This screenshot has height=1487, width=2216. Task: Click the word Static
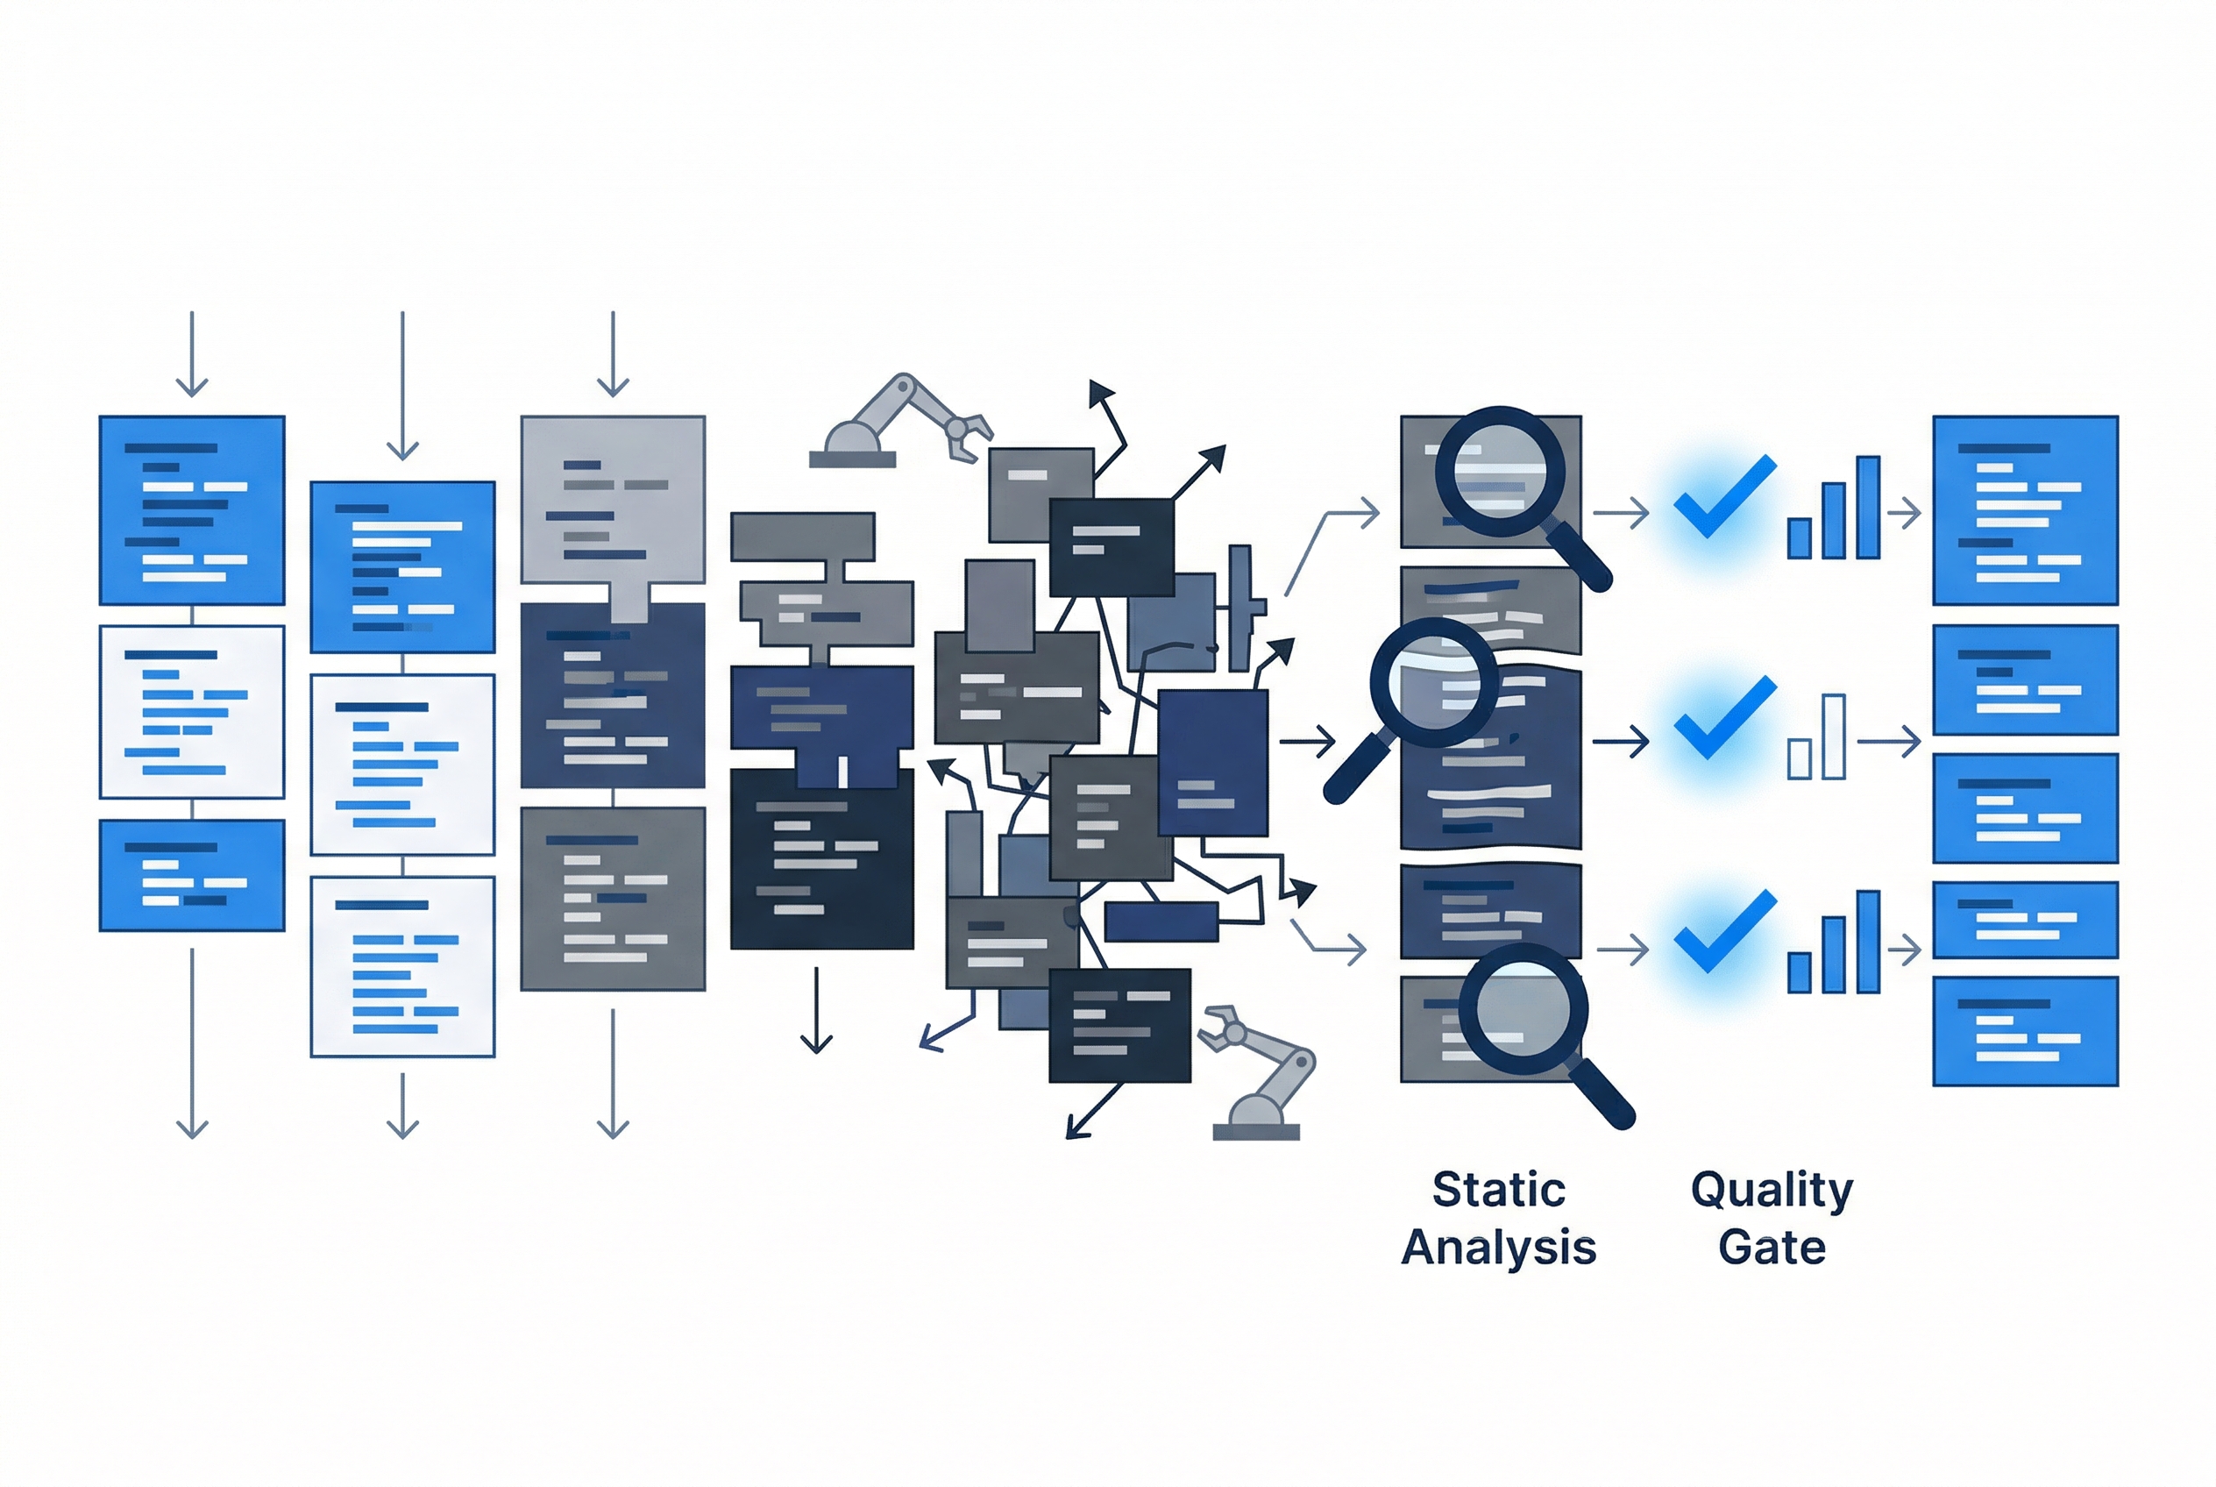(1498, 1189)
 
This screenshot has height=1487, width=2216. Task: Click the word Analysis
(1498, 1247)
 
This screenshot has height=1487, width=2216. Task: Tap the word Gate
(1772, 1247)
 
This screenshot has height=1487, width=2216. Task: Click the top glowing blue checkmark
(1725, 497)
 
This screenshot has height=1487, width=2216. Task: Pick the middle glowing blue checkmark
(1725, 718)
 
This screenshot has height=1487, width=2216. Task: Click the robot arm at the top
(901, 423)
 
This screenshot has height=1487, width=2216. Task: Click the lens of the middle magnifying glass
(1435, 683)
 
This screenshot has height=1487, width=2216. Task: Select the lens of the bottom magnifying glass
(1523, 1007)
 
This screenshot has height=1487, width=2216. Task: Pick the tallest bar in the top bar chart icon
(1868, 509)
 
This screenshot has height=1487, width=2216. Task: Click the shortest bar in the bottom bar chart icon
(1799, 973)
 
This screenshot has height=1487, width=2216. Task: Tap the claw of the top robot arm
(967, 438)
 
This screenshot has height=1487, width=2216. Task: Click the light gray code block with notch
(613, 512)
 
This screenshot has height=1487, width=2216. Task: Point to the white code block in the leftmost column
(192, 711)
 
